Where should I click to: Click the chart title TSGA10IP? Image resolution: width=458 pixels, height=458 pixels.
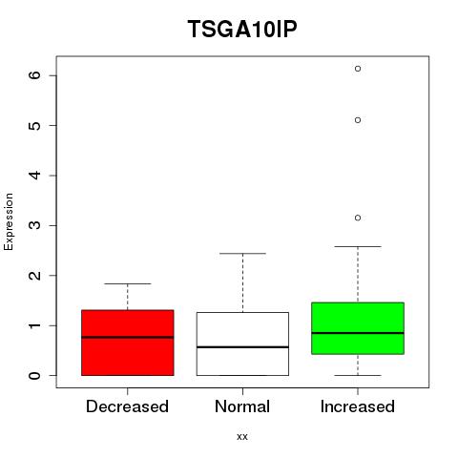[242, 29]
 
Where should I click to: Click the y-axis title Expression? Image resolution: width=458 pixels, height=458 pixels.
[9, 221]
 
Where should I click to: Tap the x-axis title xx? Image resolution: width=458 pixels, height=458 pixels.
[242, 436]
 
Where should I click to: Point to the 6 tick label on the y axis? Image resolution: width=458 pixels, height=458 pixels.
[35, 75]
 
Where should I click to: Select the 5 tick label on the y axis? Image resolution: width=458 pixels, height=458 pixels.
[35, 125]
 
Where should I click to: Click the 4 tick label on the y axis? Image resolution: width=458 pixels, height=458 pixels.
[35, 176]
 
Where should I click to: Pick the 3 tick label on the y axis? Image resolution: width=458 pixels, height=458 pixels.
[35, 225]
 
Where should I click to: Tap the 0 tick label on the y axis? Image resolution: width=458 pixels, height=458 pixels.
[35, 375]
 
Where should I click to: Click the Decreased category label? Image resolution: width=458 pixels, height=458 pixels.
[127, 406]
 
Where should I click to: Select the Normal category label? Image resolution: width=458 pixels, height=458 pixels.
[242, 406]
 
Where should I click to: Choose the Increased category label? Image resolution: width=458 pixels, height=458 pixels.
[358, 406]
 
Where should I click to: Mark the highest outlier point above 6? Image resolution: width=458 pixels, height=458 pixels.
[358, 69]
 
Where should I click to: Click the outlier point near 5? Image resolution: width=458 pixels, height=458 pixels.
[358, 120]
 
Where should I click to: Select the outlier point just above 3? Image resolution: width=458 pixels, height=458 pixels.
[358, 218]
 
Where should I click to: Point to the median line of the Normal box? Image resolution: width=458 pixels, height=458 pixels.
[242, 347]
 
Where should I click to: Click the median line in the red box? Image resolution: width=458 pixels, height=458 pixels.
[128, 337]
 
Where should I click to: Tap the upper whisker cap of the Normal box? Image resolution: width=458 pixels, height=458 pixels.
[242, 254]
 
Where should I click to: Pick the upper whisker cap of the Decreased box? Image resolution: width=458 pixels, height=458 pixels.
[128, 283]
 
